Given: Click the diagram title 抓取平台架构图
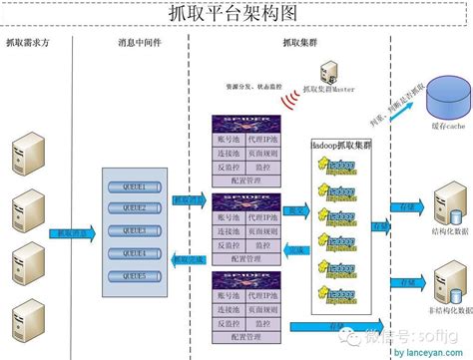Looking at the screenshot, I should click(x=236, y=13).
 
